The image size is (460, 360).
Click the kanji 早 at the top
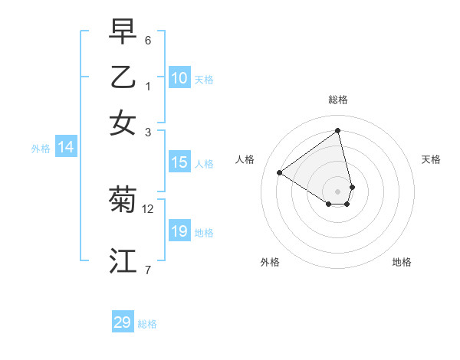(123, 32)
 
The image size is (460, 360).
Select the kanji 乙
(123, 77)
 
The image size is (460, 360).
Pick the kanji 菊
(123, 200)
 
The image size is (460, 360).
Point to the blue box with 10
(179, 78)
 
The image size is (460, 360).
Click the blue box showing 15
(179, 162)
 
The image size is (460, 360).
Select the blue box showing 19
(179, 231)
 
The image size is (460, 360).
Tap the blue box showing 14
(66, 148)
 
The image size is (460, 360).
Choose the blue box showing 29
(123, 322)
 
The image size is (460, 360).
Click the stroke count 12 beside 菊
(148, 208)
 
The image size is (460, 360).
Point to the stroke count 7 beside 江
(148, 269)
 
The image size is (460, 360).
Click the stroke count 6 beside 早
(148, 41)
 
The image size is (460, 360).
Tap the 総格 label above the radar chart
(338, 100)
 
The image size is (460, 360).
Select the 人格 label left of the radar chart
(245, 159)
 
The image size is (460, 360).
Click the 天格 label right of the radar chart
(431, 159)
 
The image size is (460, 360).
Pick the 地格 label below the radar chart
(402, 262)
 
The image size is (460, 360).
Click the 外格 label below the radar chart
(270, 262)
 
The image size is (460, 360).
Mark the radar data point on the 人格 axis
(280, 172)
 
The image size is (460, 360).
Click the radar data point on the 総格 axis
(338, 130)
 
